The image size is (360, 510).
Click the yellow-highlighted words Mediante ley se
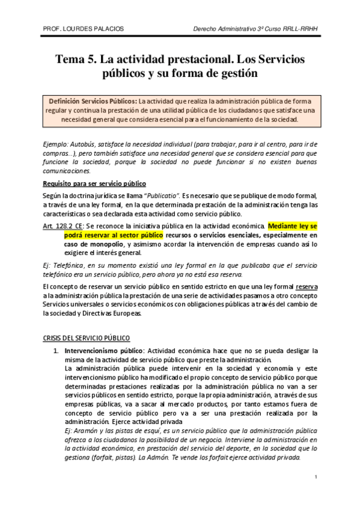pos(292,226)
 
